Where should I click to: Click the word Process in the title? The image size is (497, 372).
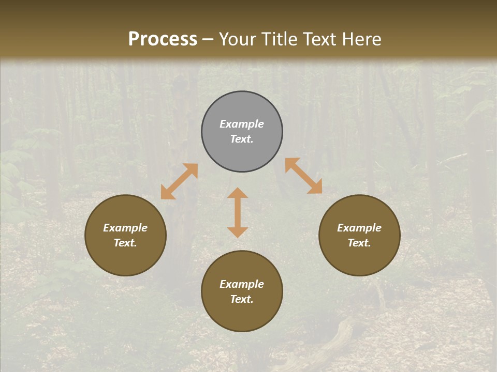coord(163,39)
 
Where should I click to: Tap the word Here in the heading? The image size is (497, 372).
coord(361,39)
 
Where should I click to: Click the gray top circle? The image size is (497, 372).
coord(242,132)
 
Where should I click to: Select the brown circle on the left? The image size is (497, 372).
coord(125,235)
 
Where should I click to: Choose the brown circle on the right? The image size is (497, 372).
coord(359,235)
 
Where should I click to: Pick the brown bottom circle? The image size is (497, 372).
coord(242,291)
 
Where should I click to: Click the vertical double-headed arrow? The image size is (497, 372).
coord(238,212)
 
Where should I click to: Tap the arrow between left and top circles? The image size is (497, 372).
coord(179,181)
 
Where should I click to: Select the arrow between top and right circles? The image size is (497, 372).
coord(303,176)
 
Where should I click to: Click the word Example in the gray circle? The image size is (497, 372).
coord(242,124)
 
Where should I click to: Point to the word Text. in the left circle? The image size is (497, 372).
coord(125,243)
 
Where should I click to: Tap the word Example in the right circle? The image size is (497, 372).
coord(359,228)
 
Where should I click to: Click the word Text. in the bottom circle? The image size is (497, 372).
coord(242,299)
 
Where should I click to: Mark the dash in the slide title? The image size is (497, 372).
coord(208,39)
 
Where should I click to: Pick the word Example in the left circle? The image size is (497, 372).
coord(125,228)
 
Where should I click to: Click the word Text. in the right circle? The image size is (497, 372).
coord(359,243)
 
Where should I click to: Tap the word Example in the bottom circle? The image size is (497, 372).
coord(242,284)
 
